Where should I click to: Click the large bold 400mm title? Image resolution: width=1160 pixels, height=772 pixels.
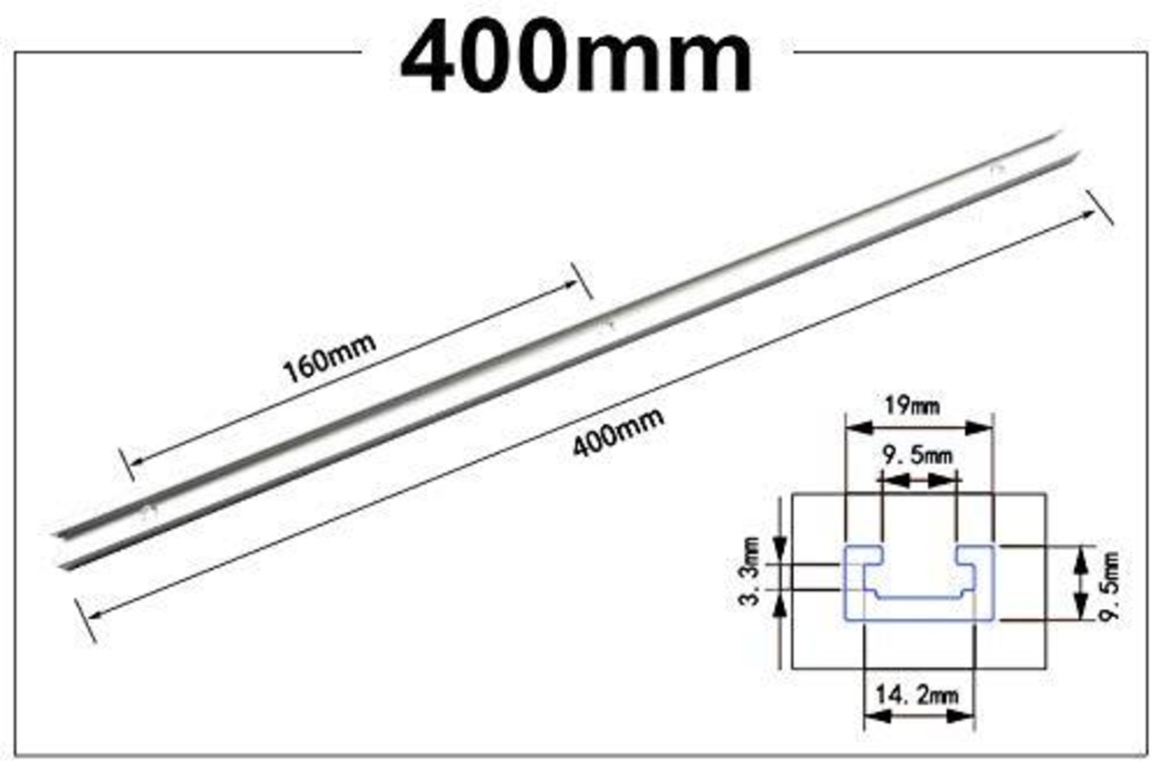click(x=576, y=60)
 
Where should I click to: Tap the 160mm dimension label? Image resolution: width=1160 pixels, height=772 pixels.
click(x=329, y=357)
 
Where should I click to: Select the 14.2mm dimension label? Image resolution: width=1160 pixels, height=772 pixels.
click(x=917, y=695)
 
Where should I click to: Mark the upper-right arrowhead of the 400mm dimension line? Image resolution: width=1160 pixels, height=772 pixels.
click(x=1087, y=214)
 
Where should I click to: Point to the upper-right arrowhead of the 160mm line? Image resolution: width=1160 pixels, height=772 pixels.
click(x=568, y=284)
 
